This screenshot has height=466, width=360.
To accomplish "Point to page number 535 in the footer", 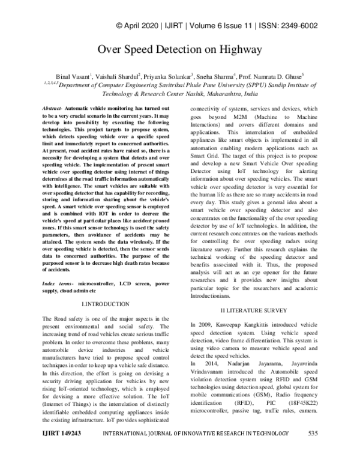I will click(x=313, y=450).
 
